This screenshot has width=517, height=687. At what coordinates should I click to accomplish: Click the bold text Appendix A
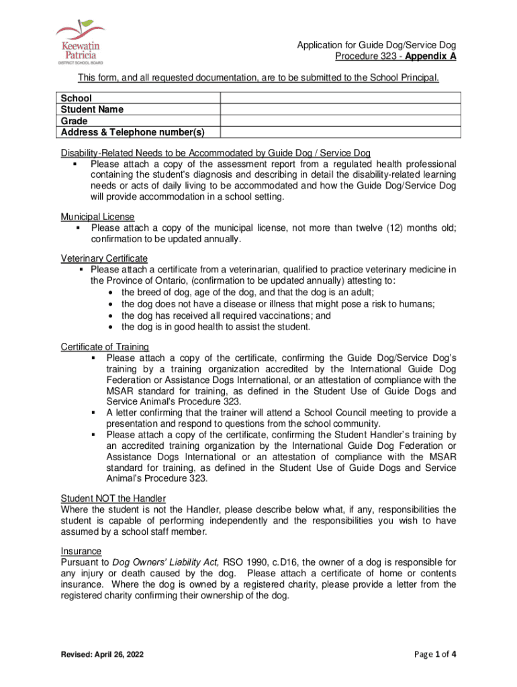click(x=430, y=56)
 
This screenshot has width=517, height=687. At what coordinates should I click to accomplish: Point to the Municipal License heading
click(x=97, y=217)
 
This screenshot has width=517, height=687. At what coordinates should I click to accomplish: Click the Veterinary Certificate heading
click(x=104, y=258)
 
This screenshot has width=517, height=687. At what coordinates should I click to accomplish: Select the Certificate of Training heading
click(x=105, y=346)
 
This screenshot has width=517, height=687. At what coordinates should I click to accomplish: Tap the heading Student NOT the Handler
click(x=113, y=498)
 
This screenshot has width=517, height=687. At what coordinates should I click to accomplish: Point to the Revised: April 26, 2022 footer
click(x=101, y=654)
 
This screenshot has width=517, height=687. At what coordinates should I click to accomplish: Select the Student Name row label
click(x=92, y=109)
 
